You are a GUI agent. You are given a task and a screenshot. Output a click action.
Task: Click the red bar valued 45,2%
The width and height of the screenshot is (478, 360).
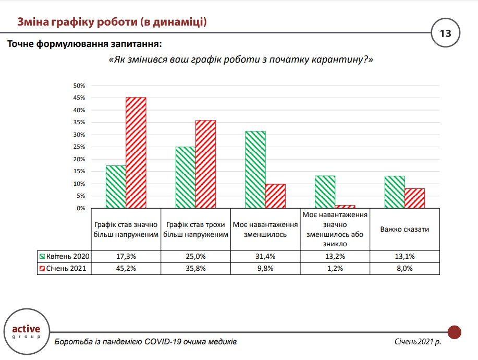pyautogui.click(x=136, y=152)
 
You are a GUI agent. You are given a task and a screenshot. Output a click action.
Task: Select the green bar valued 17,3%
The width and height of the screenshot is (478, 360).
pyautogui.click(x=116, y=187)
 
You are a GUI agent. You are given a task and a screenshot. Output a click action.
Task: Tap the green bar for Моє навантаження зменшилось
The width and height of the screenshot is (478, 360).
pyautogui.click(x=255, y=170)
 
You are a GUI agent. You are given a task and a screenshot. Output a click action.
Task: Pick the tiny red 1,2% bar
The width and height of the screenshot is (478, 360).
pyautogui.click(x=345, y=207)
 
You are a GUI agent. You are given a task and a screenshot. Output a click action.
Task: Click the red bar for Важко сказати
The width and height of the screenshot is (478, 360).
pyautogui.click(x=414, y=198)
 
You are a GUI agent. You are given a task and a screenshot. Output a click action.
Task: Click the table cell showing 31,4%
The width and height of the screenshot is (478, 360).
pyautogui.click(x=265, y=257)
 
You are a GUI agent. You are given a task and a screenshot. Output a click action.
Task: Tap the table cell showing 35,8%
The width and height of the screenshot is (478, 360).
pyautogui.click(x=195, y=269)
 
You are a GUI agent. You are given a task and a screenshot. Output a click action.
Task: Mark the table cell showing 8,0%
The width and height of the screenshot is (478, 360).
pyautogui.click(x=405, y=269)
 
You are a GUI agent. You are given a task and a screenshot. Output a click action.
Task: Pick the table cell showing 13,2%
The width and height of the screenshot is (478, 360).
pyautogui.click(x=335, y=257)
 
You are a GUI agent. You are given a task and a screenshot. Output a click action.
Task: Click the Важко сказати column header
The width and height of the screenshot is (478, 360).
pyautogui.click(x=405, y=229)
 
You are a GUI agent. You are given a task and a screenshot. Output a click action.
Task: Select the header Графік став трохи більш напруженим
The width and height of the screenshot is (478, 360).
pyautogui.click(x=195, y=229)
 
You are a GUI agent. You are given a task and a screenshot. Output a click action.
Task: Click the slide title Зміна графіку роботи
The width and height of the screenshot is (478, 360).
pyautogui.click(x=112, y=22)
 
